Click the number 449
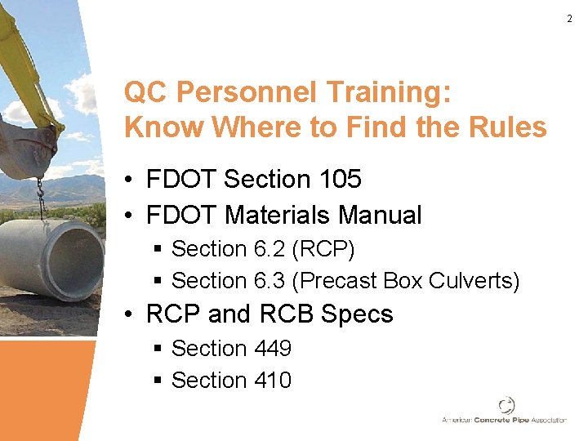(272, 349)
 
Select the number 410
(272, 381)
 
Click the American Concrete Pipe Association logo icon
(506, 405)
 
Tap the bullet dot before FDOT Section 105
(130, 180)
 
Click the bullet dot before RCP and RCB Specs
(130, 315)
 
